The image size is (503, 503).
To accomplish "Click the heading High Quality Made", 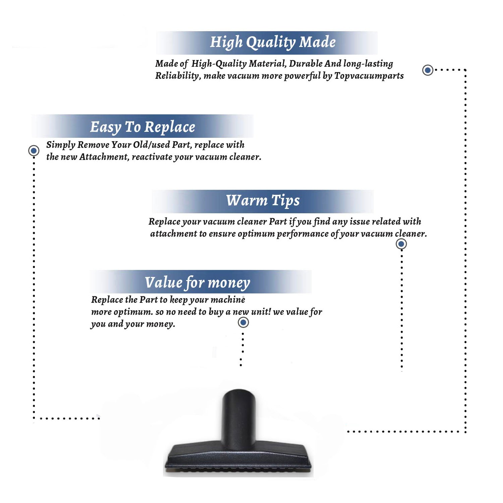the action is point(273,43).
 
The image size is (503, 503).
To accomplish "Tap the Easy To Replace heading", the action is point(143,127).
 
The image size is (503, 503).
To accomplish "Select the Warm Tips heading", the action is point(263,201).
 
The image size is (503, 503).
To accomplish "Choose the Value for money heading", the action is point(198,283).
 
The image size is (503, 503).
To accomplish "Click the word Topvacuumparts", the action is point(369,76).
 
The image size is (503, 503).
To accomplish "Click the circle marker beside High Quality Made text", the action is point(428,70).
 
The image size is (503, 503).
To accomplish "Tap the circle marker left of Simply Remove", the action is point(34,151).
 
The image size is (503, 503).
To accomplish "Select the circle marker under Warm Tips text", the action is point(401,244).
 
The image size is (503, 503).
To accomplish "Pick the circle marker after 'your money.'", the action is point(243,323).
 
